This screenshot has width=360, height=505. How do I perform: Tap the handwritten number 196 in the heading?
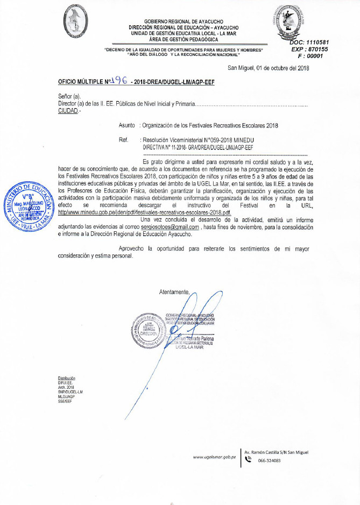point(118,81)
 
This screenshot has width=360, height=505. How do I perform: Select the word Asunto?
point(128,125)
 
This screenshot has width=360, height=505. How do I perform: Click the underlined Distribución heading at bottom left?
point(67,378)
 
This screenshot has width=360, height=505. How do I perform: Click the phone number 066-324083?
point(269,460)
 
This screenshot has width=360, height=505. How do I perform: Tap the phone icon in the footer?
point(249,460)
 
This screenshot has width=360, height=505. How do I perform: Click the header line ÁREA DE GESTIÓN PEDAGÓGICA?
point(183,39)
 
